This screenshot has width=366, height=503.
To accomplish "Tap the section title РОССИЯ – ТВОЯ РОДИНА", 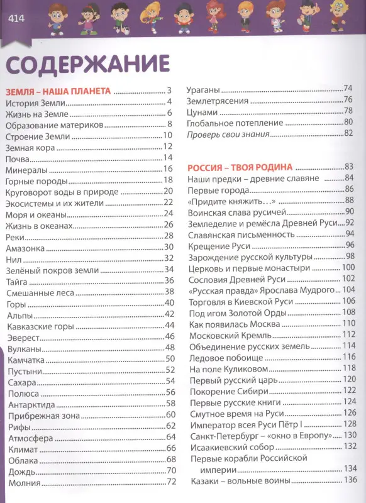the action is click(240, 167).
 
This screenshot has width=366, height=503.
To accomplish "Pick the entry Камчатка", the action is click(25, 360).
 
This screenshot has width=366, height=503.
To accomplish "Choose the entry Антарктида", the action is click(30, 404).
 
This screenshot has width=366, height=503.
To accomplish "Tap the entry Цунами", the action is click(202, 111).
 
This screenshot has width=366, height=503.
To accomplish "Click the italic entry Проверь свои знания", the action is click(228, 133).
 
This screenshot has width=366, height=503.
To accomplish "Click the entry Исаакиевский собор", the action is click(231, 447).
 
